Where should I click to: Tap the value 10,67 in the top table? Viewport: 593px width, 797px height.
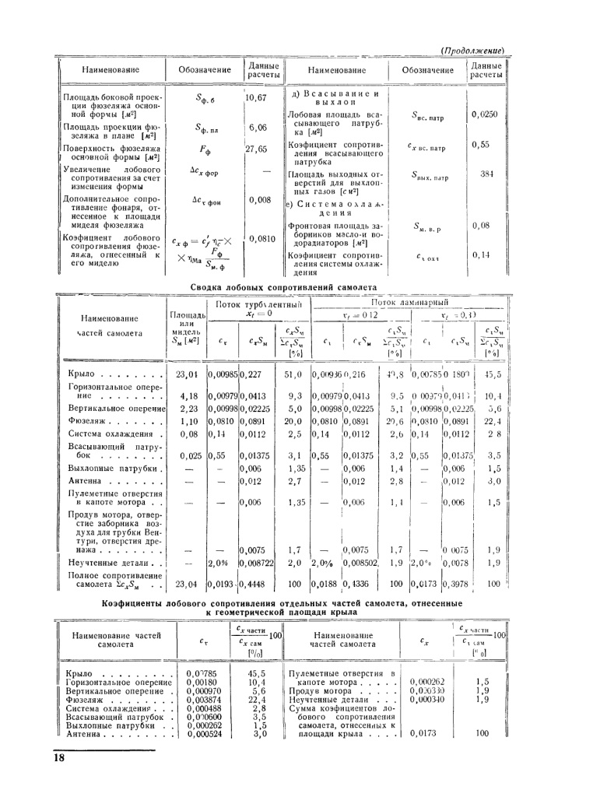pyautogui.click(x=256, y=98)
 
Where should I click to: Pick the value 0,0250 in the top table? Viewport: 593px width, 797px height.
pyautogui.click(x=485, y=114)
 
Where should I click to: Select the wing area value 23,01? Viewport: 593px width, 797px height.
pyautogui.click(x=187, y=375)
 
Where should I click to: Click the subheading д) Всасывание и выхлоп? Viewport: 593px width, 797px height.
pyautogui.click(x=335, y=97)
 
